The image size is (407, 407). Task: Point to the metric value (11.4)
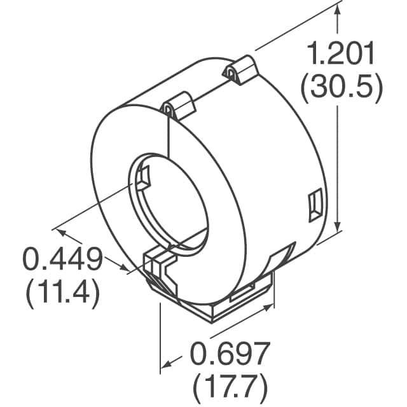[x=62, y=293]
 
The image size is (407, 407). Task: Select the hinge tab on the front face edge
[x=179, y=105]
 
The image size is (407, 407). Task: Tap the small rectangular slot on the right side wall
[x=314, y=207]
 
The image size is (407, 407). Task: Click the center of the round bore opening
[x=170, y=200]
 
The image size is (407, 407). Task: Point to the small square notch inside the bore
[x=143, y=177]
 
